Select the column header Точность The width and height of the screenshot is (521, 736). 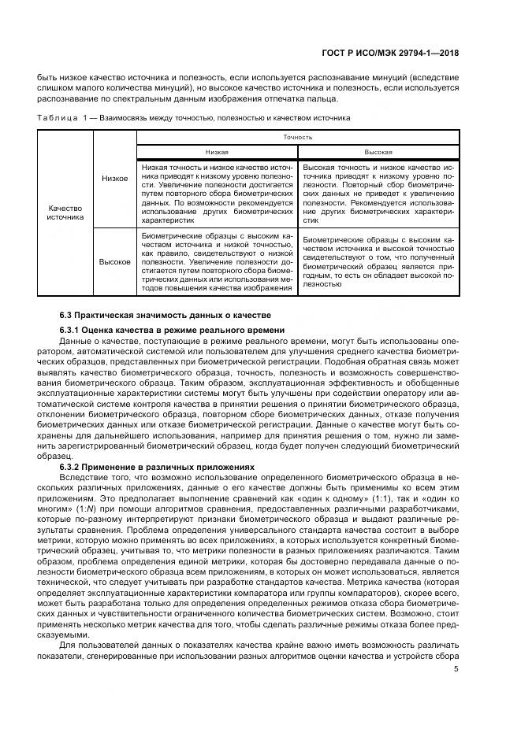[x=299, y=137]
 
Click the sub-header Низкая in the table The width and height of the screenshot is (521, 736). [x=218, y=152]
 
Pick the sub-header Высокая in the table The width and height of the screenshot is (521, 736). [x=378, y=152]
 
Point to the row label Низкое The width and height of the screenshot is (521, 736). [x=114, y=178]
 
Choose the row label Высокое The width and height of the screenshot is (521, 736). [x=115, y=261]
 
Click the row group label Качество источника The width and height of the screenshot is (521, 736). [x=65, y=213]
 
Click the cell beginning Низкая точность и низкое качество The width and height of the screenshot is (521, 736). [x=217, y=194]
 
